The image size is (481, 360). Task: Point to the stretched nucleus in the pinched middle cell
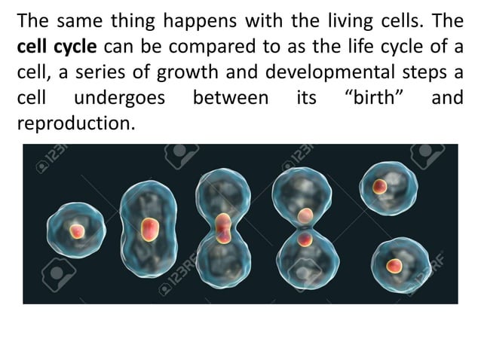(x=223, y=228)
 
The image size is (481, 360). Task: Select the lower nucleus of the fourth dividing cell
(x=305, y=241)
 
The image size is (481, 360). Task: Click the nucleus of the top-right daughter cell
(x=380, y=186)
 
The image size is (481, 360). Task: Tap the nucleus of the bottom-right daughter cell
(x=394, y=265)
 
